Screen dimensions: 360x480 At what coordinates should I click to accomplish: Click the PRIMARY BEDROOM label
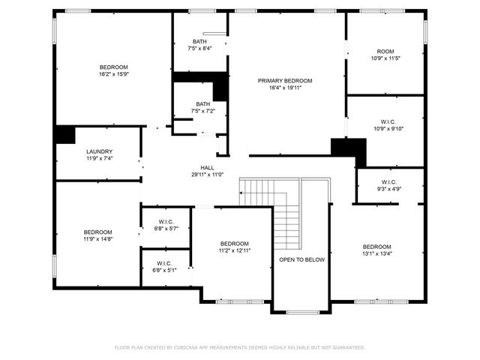pos(285,80)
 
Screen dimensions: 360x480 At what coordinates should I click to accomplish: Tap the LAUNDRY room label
pos(99,151)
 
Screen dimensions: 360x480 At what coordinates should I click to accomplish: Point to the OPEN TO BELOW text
pos(301,259)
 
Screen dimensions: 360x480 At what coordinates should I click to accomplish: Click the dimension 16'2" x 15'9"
pos(114,73)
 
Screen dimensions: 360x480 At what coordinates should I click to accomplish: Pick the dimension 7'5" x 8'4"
pos(199,48)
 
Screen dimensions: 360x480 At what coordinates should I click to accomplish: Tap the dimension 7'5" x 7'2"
pos(202,111)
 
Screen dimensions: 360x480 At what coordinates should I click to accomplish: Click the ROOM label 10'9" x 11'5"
pos(385,51)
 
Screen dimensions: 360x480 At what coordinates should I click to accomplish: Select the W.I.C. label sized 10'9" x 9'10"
pos(388,121)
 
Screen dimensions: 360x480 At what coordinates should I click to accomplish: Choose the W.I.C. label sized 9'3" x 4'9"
pos(388,181)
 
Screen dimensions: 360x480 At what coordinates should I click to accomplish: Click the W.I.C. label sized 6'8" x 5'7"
pos(166,221)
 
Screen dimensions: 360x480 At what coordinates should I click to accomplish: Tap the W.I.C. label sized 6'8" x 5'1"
pos(163,262)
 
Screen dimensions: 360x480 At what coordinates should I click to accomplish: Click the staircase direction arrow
pos(241,193)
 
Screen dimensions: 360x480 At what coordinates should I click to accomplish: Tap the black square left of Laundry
pos(64,135)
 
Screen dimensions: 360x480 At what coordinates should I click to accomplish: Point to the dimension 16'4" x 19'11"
pos(285,87)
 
